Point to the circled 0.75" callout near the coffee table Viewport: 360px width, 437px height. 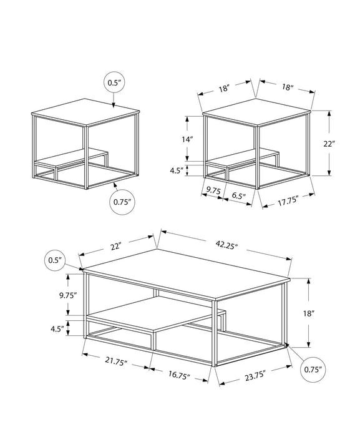pos(311,370)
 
